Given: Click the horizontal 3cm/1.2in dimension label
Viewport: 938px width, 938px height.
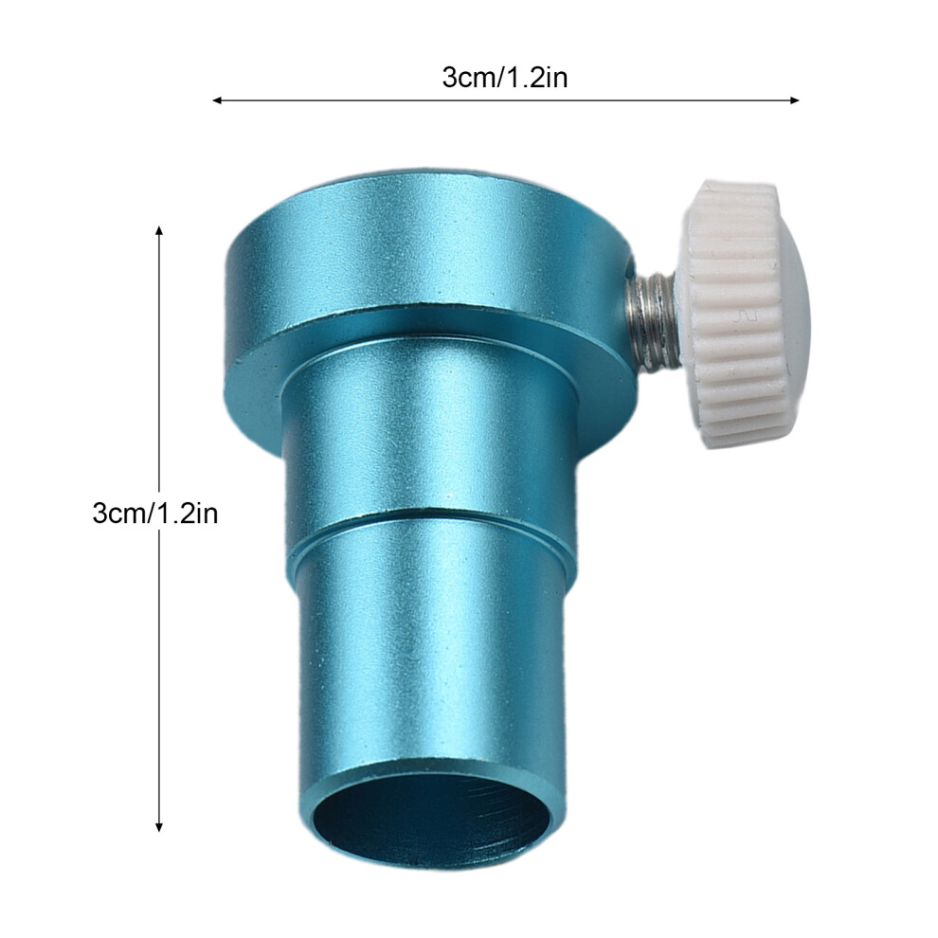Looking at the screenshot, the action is tap(504, 79).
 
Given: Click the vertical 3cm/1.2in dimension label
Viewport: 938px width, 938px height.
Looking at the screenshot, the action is tap(155, 514).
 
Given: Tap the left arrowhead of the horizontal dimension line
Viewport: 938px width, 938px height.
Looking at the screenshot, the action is tap(217, 100).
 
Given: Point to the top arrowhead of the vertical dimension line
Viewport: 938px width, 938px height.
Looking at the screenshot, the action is tap(158, 231).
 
